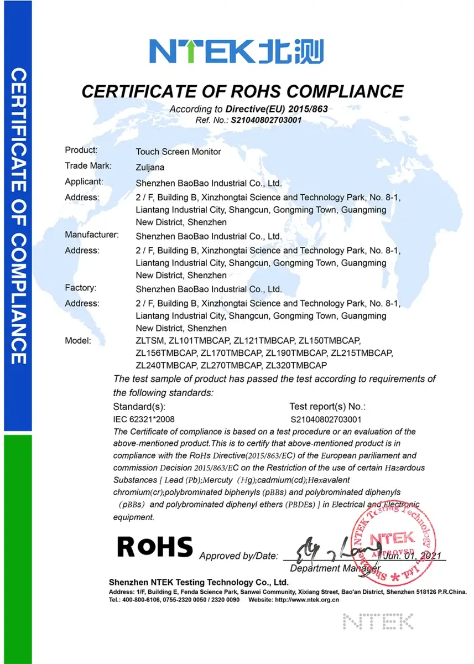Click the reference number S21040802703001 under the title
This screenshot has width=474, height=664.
tap(266, 120)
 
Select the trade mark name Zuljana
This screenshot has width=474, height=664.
tap(150, 167)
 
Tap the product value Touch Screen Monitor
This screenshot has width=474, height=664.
tap(179, 152)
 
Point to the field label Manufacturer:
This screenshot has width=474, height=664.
tap(92, 235)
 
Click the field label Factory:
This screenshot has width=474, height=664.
tap(81, 288)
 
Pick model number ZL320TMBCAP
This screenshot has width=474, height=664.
tap(296, 365)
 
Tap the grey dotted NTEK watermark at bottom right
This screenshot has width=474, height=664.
tap(378, 621)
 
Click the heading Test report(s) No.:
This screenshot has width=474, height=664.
tap(327, 407)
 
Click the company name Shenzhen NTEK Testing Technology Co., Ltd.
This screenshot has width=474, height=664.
tap(199, 582)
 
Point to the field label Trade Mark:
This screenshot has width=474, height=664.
tap(88, 165)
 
